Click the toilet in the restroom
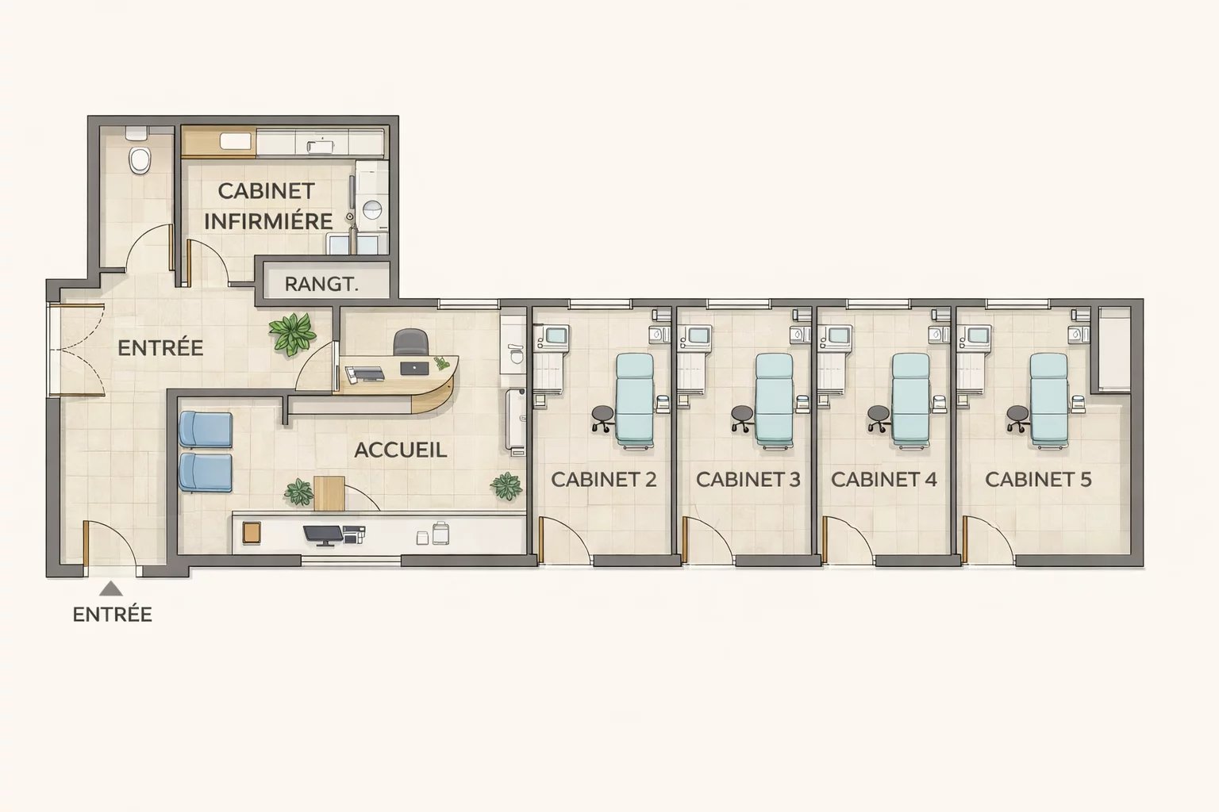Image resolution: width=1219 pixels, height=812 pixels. coord(140,158)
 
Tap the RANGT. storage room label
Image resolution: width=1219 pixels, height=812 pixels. coord(321,284)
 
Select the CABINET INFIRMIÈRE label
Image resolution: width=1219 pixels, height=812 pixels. coord(267,206)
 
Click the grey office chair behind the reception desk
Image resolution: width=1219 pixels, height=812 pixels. coord(411,343)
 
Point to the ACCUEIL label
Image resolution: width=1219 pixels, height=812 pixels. coord(400,450)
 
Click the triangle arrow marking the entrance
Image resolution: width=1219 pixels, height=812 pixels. coord(111,588)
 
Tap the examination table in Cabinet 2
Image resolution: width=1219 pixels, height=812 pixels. coord(635,399)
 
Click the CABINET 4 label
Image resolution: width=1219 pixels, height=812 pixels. coord(884,479)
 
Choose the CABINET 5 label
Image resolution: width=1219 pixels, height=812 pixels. coord(1038,479)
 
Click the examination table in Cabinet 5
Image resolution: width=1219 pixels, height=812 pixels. coord(1048,399)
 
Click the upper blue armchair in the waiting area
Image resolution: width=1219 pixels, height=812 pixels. coord(206,429)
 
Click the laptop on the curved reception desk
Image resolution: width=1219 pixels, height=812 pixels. coord(413,368)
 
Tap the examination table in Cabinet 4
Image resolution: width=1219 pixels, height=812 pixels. coord(910,399)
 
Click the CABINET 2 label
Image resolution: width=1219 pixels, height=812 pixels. coord(603,479)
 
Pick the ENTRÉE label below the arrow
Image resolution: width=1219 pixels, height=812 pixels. coord(112,615)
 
